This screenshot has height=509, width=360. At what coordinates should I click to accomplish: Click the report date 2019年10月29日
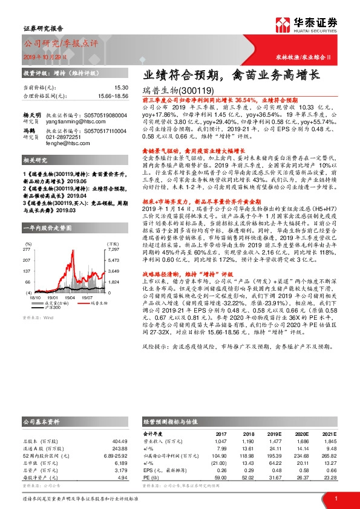click(42, 54)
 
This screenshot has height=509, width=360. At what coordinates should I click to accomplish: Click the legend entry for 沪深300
click(52, 308)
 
